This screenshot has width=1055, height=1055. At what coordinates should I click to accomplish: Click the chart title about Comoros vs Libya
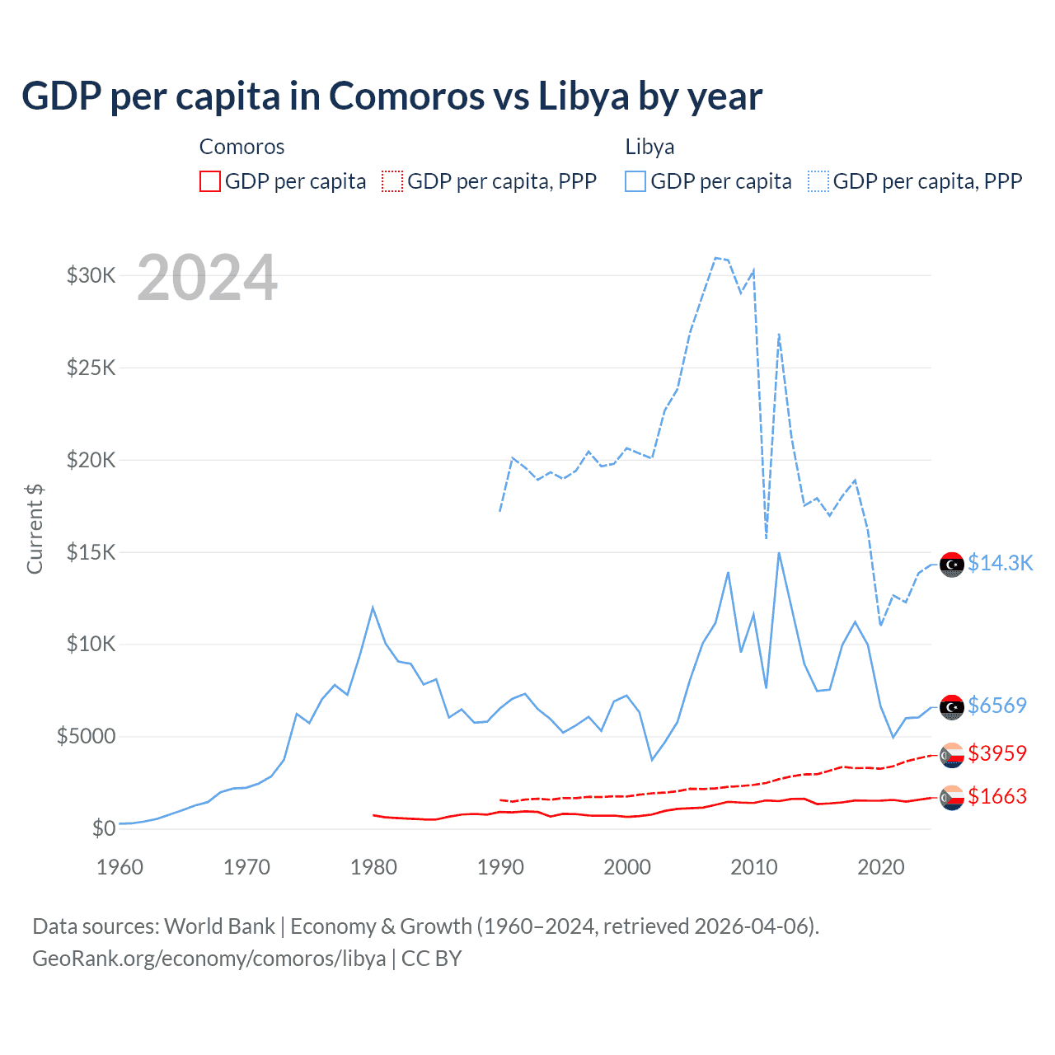(x=392, y=96)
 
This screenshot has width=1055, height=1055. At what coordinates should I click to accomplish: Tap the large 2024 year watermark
(x=207, y=279)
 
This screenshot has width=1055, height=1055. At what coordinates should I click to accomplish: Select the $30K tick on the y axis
(x=91, y=275)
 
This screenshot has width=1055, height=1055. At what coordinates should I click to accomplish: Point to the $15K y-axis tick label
(x=91, y=552)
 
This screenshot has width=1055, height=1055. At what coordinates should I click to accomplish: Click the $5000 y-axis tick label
(x=86, y=736)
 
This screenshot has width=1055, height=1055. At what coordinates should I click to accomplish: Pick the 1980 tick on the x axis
(x=373, y=867)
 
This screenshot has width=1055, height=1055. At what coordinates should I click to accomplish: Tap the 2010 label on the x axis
(x=754, y=867)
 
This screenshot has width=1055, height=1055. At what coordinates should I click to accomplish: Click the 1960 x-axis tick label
(x=120, y=867)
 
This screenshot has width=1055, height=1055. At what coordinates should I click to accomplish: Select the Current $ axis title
(x=35, y=529)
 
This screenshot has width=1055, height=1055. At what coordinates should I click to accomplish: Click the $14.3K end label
(x=1000, y=563)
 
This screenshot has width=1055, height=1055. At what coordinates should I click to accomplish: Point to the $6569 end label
(x=997, y=706)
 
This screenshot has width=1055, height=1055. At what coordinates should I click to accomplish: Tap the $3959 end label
(x=997, y=753)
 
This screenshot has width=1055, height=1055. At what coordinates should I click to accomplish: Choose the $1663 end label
(x=997, y=796)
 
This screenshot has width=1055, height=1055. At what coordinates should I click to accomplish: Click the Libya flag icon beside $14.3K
(x=952, y=565)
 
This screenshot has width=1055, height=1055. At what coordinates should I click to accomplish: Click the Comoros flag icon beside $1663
(x=952, y=798)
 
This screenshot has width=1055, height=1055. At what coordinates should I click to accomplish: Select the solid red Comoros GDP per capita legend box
(x=210, y=181)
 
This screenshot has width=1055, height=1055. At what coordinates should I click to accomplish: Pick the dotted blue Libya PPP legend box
(x=818, y=181)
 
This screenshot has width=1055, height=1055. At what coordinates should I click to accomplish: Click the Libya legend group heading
(x=649, y=147)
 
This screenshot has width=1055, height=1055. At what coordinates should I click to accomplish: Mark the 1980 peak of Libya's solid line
(x=373, y=607)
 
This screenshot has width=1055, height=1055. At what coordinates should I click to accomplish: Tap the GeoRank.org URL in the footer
(x=209, y=959)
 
